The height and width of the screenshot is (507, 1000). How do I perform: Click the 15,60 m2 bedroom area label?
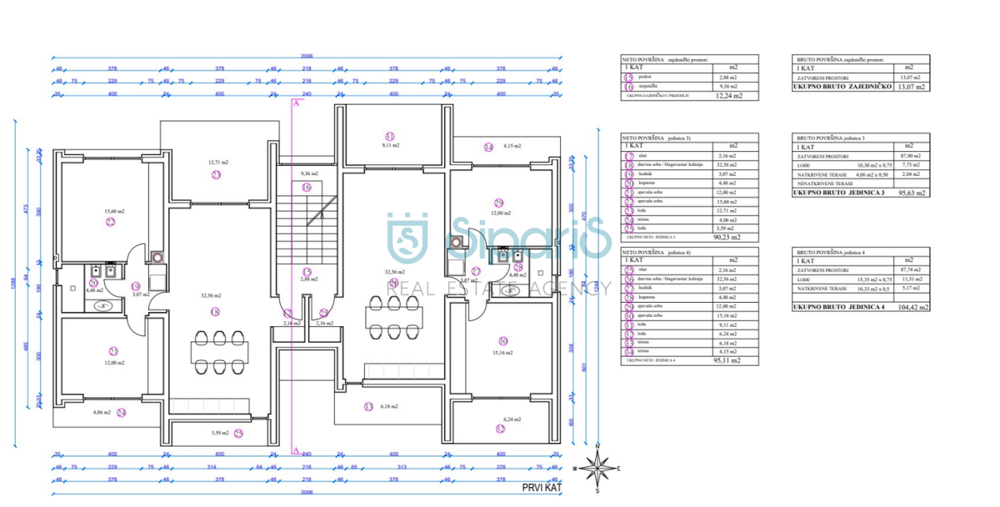click(115, 212)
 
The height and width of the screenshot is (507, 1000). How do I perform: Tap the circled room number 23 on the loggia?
click(216, 175)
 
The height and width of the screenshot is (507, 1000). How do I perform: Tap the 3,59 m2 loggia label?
click(220, 433)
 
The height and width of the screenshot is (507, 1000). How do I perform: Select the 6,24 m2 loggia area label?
click(512, 419)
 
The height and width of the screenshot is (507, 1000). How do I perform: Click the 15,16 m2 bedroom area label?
click(502, 353)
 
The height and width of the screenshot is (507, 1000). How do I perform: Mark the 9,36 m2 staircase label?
click(309, 173)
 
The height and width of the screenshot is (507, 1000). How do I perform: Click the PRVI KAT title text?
click(542, 487)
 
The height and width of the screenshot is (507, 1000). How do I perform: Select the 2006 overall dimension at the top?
click(307, 57)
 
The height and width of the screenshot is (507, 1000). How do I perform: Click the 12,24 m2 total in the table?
click(728, 96)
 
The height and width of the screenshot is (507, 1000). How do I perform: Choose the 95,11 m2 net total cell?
click(728, 360)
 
